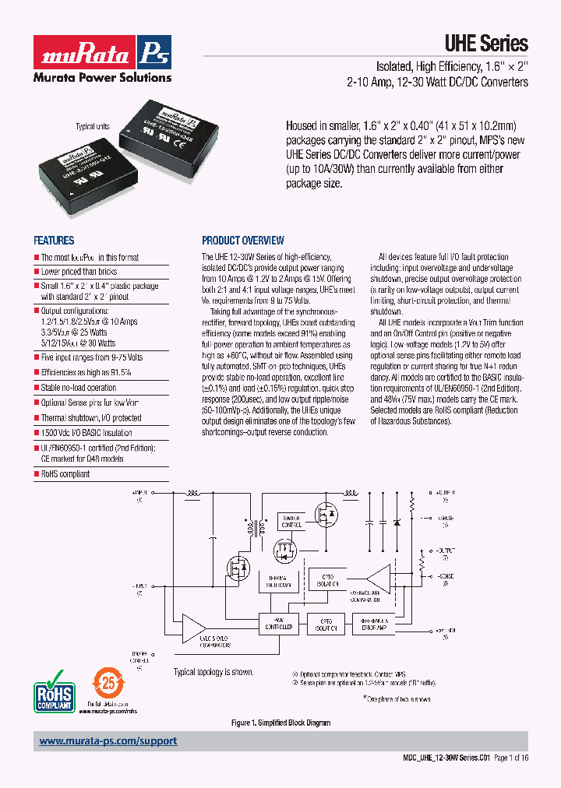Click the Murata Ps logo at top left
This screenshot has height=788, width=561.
(x=101, y=52)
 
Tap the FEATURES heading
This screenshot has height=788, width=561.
(x=54, y=241)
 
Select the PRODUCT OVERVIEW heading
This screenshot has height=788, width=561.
(x=243, y=241)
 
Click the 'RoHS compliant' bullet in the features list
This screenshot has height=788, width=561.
(x=65, y=473)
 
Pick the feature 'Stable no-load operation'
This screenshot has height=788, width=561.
(x=79, y=387)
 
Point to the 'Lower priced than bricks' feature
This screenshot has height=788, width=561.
(x=79, y=272)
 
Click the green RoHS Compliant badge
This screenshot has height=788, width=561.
(x=55, y=690)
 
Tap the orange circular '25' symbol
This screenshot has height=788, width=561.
(x=108, y=684)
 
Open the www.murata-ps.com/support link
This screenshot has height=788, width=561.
(x=108, y=741)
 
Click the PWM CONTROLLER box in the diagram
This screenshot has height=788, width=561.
(x=278, y=624)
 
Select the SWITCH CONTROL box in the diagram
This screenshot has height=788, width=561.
(x=293, y=521)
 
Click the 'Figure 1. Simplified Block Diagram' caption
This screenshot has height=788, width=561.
(x=280, y=723)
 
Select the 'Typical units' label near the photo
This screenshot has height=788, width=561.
(x=93, y=126)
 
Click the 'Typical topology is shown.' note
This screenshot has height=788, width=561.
(x=213, y=672)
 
